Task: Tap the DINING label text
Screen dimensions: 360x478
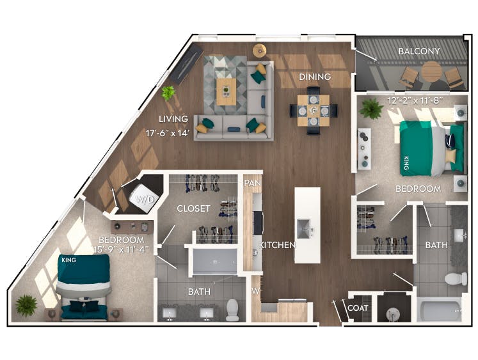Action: pyautogui.click(x=315, y=77)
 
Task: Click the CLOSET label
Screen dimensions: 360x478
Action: pyautogui.click(x=194, y=208)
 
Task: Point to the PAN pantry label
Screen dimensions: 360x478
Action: pyautogui.click(x=251, y=183)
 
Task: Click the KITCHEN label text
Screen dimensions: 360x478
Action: pyautogui.click(x=277, y=245)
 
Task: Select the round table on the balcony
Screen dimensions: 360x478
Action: pyautogui.click(x=433, y=70)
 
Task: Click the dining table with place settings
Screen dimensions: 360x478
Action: pyautogui.click(x=314, y=110)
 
